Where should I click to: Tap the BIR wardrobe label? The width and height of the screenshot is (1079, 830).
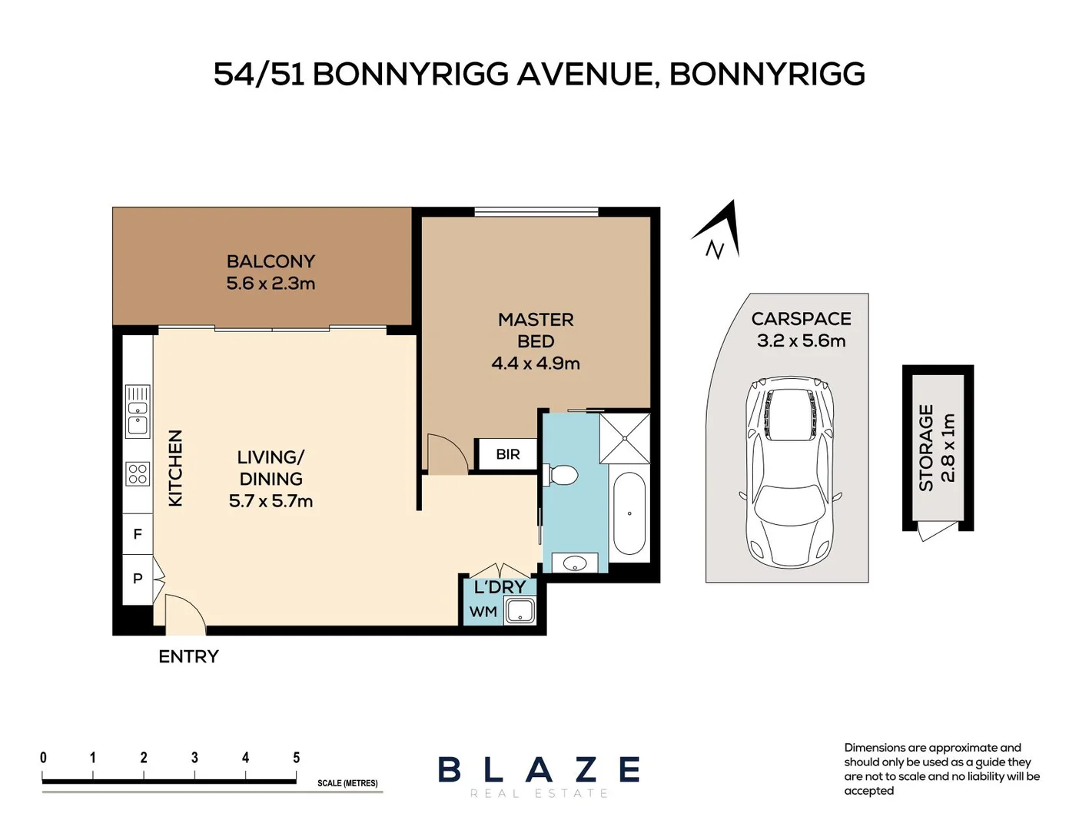coord(507,454)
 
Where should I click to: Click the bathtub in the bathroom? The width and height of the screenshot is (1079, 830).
coord(629,513)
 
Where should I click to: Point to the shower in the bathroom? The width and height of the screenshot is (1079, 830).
coord(625,438)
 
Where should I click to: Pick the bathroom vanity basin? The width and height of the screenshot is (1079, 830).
coord(575,563)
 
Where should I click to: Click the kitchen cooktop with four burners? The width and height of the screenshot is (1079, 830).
coord(138,473)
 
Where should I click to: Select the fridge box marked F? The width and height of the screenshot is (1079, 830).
coord(138,533)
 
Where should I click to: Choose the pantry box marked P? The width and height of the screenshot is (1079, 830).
coord(138,578)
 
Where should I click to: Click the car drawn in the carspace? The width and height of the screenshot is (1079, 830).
coord(790,472)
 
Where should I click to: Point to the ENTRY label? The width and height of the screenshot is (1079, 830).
coord(188,656)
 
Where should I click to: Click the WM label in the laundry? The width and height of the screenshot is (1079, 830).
coord(483,612)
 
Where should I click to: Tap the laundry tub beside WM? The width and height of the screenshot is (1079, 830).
coord(520,612)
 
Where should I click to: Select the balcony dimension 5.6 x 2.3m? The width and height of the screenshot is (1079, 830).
coord(271,284)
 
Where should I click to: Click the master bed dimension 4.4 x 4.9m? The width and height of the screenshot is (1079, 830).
coord(536,364)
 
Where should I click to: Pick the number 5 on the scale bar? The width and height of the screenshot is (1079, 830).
coord(296,758)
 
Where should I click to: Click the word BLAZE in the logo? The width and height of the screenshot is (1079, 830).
coord(539,769)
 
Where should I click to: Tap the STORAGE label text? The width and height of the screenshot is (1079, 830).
coord(926,448)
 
